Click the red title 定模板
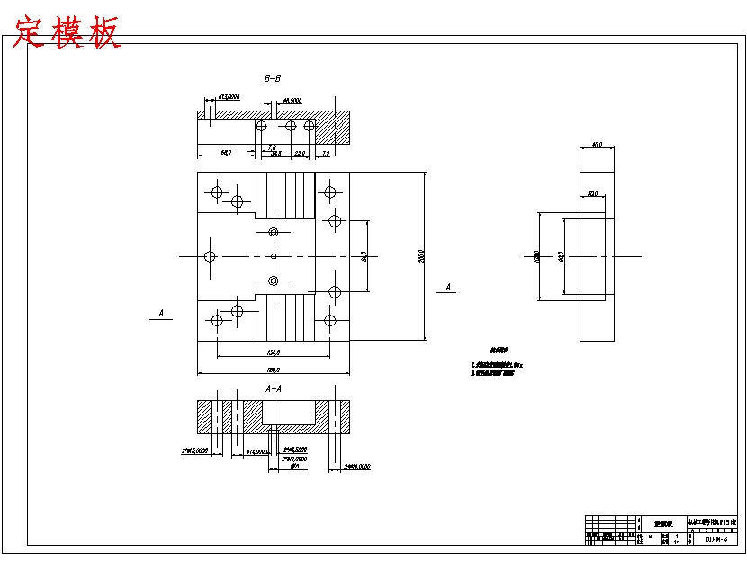68,33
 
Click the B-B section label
273,79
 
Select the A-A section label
274,388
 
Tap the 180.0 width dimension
274,370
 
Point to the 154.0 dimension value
274,352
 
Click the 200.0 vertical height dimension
421,257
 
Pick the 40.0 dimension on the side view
597,144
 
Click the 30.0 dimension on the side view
592,193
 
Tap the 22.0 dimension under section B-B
301,154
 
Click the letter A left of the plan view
160,314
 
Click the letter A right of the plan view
448,288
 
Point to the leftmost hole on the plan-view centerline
210,256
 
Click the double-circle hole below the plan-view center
274,279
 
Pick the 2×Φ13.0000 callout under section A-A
194,450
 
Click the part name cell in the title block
664,522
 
